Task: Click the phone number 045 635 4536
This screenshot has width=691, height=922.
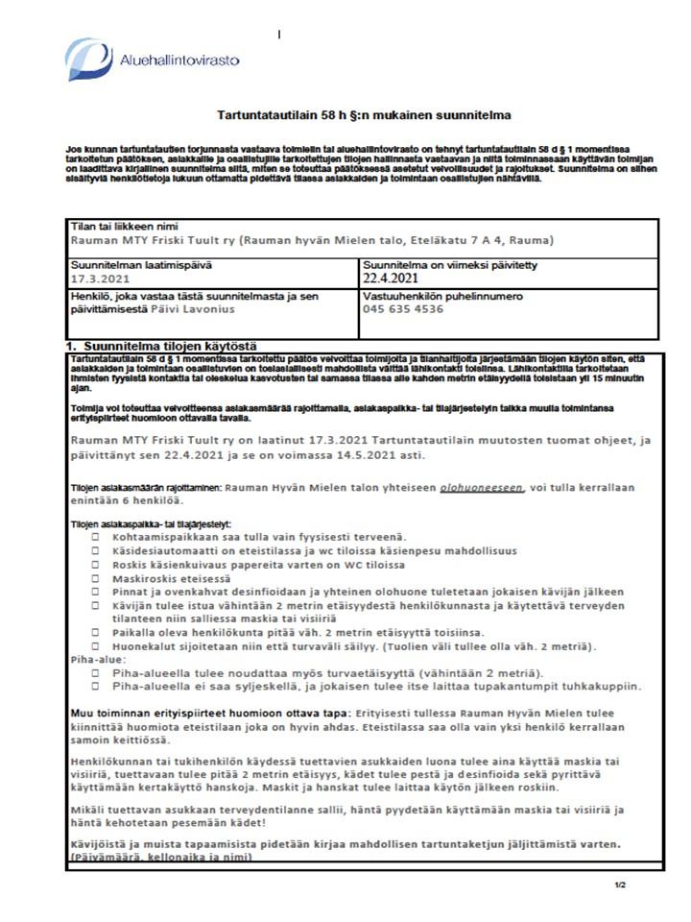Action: (403, 309)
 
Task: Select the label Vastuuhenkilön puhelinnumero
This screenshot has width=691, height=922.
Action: (441, 296)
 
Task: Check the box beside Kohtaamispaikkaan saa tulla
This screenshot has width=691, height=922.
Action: (96, 537)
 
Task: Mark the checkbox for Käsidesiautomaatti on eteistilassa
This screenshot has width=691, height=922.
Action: (96, 551)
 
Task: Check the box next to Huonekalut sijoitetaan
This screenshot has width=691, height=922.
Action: (96, 647)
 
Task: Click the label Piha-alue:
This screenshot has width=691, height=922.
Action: (96, 661)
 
